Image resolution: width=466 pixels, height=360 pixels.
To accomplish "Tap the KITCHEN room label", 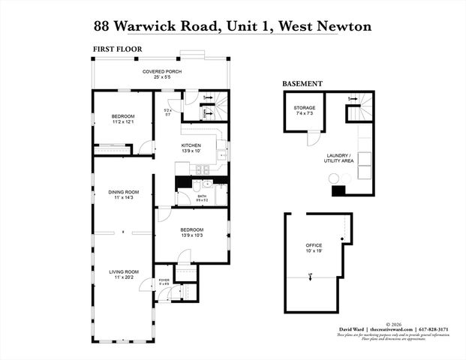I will click(x=191, y=145).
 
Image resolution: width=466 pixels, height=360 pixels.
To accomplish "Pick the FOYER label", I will click(x=164, y=280).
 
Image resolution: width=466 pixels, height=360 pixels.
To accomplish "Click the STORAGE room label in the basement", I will click(x=304, y=108).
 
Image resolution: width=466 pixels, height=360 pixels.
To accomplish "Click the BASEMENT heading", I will click(x=302, y=83).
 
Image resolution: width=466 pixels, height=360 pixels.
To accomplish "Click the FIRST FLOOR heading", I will click(x=117, y=49).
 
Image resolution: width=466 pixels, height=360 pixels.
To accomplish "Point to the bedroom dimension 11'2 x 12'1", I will click(x=122, y=122).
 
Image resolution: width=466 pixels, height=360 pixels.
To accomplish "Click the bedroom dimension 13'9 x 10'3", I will click(x=191, y=235).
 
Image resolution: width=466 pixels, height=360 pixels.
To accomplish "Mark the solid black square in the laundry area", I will click(x=338, y=190).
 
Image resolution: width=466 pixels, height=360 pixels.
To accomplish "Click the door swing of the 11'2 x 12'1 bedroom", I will click(x=146, y=147).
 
